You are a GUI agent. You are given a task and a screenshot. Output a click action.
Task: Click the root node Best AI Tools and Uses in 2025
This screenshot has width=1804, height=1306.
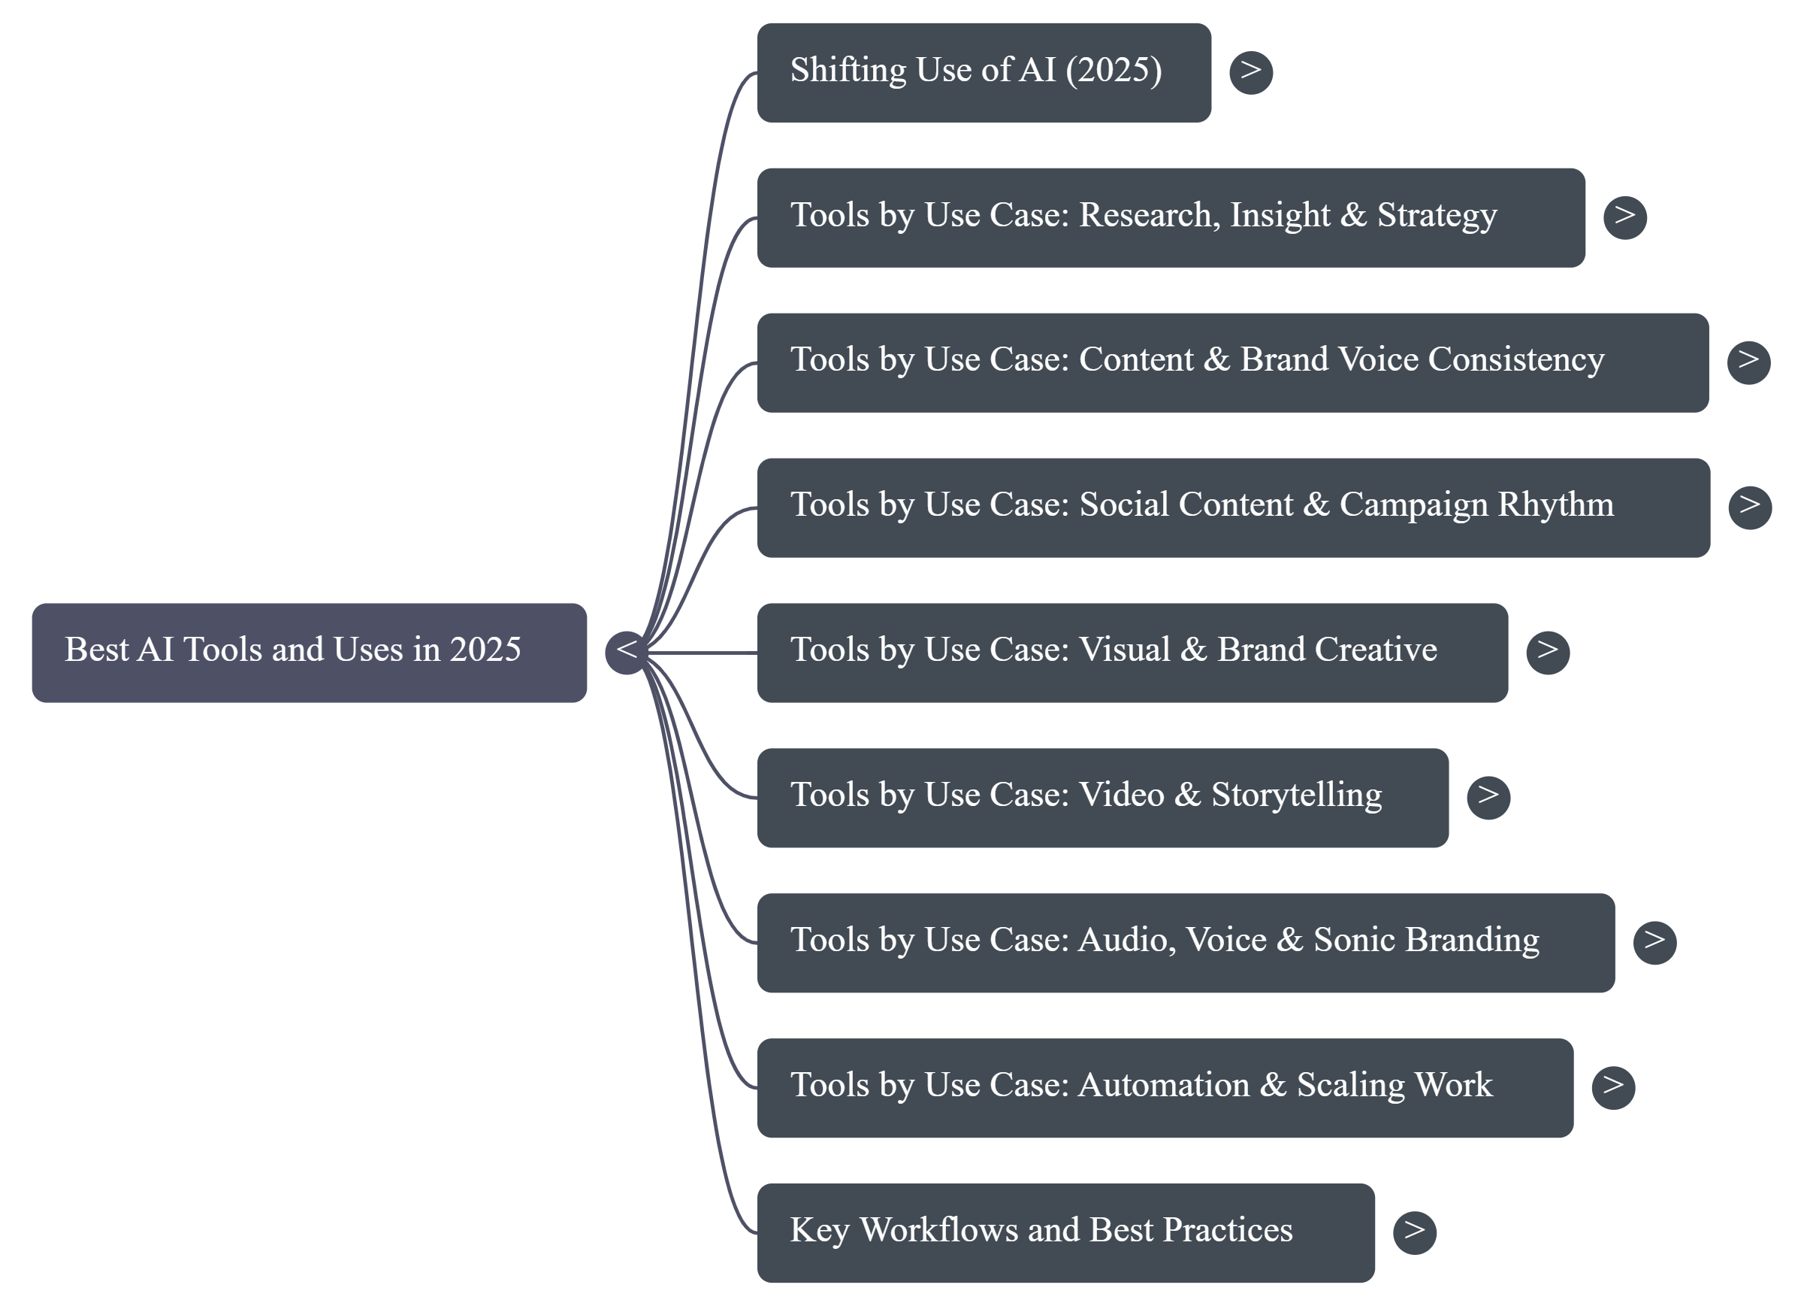[x=309, y=653]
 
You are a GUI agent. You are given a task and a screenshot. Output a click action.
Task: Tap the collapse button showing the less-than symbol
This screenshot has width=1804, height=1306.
[x=627, y=653]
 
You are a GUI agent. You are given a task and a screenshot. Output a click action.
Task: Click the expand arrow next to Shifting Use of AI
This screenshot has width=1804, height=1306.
[x=1250, y=72]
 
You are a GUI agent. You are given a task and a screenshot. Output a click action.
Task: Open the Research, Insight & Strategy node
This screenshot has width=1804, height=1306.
[x=1170, y=217]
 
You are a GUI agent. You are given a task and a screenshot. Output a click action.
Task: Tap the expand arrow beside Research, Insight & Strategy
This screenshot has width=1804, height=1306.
[x=1624, y=217]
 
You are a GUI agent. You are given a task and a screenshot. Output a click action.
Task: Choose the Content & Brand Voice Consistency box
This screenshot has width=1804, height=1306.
[x=1232, y=362]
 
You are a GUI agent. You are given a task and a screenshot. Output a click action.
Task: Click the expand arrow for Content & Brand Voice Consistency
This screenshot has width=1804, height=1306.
[x=1748, y=362]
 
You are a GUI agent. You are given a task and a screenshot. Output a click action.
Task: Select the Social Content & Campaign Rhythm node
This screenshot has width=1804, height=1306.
[x=1233, y=508]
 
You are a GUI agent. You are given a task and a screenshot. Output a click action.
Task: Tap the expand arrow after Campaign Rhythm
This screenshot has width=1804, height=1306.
[x=1749, y=508]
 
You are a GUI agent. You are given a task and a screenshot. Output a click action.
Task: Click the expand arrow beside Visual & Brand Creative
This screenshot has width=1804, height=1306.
[x=1547, y=653]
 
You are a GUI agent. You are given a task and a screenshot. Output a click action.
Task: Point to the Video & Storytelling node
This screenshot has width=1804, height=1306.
[x=1102, y=798]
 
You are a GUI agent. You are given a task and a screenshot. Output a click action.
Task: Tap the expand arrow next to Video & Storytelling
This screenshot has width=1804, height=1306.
[x=1488, y=798]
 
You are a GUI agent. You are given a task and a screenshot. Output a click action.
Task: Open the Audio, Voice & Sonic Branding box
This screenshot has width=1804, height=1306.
[x=1185, y=943]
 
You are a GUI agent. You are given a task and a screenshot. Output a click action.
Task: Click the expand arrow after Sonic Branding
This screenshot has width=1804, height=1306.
[x=1654, y=943]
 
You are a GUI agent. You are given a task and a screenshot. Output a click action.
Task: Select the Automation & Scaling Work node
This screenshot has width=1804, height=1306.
[x=1165, y=1088]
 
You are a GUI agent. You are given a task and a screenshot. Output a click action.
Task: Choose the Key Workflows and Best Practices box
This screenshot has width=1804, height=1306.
[x=1065, y=1233]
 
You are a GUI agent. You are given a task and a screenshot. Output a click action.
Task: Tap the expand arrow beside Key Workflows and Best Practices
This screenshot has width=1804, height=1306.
[x=1414, y=1233]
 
